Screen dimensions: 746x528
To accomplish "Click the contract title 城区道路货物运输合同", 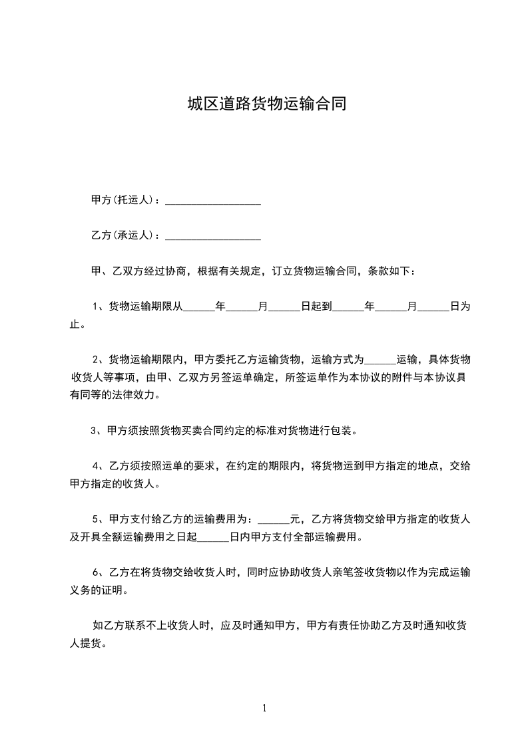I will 266,104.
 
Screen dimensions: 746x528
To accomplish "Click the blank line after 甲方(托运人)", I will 212,200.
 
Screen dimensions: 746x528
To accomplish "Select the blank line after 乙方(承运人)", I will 212,235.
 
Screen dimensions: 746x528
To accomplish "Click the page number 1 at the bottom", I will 264,708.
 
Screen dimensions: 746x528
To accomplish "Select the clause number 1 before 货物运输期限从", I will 96,307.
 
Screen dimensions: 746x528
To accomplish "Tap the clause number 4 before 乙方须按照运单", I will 96,466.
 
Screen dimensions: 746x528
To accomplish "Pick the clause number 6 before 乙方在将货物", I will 96,572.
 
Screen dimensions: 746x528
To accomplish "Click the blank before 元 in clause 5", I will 273,519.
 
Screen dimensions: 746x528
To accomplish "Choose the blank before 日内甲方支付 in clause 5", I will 214,537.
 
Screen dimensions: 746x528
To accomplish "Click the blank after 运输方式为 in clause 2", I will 380,360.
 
